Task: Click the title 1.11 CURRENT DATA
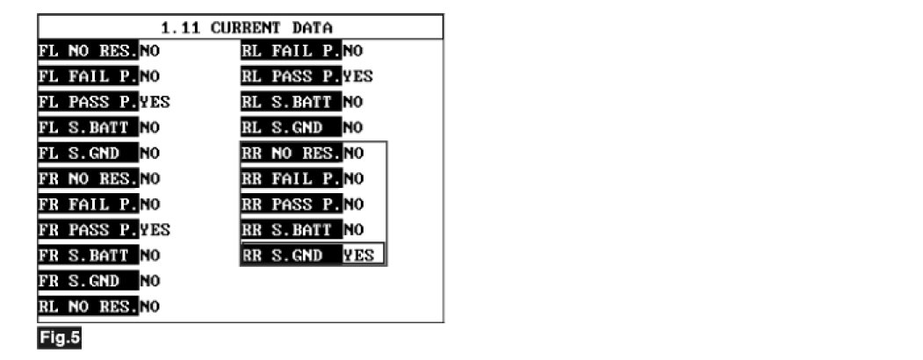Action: pyautogui.click(x=240, y=27)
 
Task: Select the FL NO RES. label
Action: pyautogui.click(x=88, y=50)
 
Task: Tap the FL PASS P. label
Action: pyautogui.click(x=88, y=101)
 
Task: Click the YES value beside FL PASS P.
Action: pyautogui.click(x=155, y=101)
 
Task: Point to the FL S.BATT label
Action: pyautogui.click(x=88, y=127)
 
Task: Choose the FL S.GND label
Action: pyautogui.click(x=88, y=153)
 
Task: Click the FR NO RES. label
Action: pyautogui.click(x=88, y=178)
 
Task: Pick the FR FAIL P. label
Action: pyautogui.click(x=88, y=205)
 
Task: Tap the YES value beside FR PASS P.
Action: pyautogui.click(x=155, y=230)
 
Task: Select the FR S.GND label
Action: pyautogui.click(x=88, y=281)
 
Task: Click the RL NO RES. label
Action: pyautogui.click(x=88, y=306)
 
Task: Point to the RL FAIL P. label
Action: pyautogui.click(x=292, y=50)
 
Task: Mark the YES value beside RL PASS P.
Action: pyautogui.click(x=358, y=76)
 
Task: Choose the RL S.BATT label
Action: pyautogui.click(x=292, y=102)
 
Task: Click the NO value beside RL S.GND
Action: pyautogui.click(x=353, y=127)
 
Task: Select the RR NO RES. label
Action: pyautogui.click(x=292, y=153)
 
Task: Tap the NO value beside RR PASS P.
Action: pyautogui.click(x=353, y=205)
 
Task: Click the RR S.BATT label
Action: pyautogui.click(x=292, y=230)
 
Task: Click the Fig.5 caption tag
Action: pyautogui.click(x=59, y=338)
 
